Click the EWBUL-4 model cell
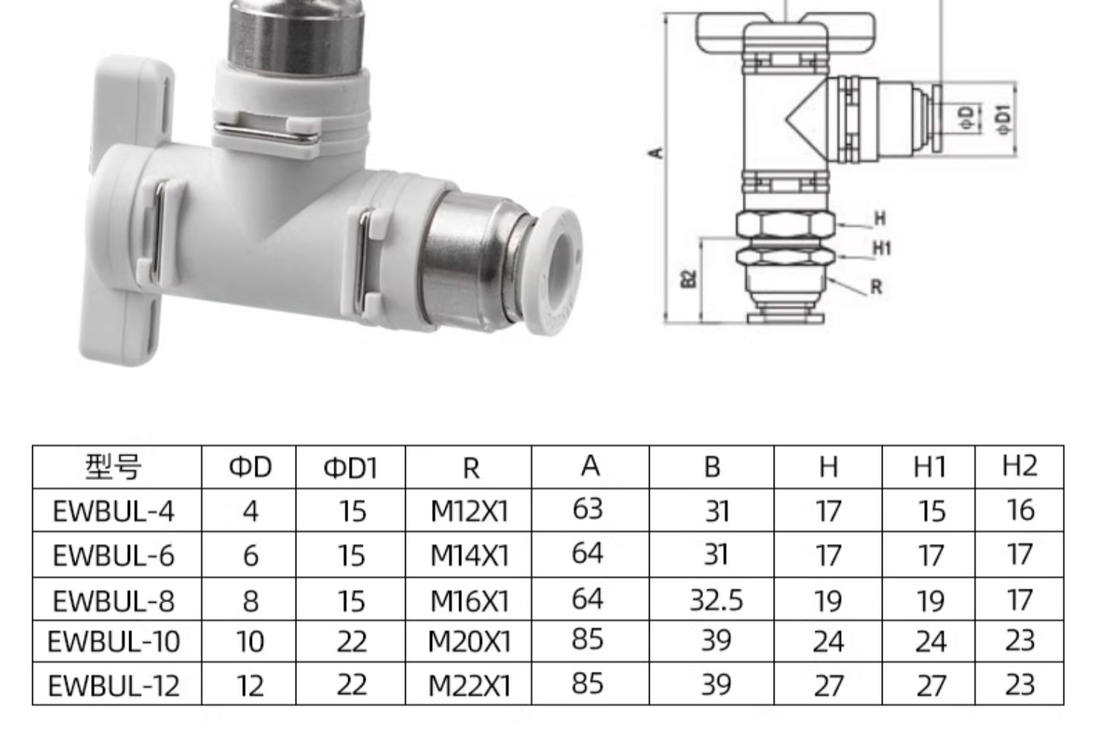pyautogui.click(x=113, y=512)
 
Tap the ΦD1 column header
pyautogui.click(x=350, y=468)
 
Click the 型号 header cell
pyautogui.click(x=113, y=467)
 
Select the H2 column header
pyautogui.click(x=1019, y=465)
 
